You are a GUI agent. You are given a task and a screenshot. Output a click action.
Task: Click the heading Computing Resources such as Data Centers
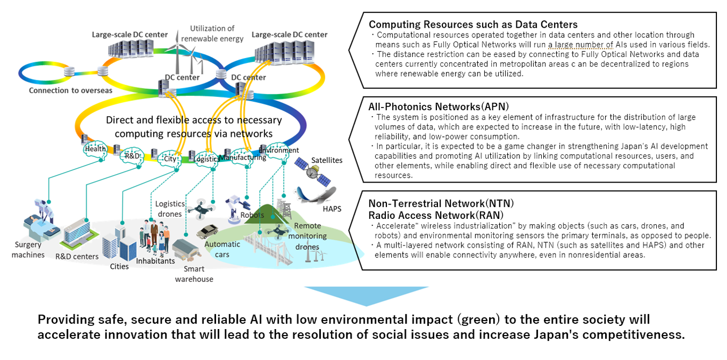pyautogui.click(x=473, y=24)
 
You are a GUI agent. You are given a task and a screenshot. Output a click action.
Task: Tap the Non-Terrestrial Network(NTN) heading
pyautogui.click(x=441, y=203)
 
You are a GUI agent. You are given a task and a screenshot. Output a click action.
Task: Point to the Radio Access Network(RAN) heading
pyautogui.click(x=434, y=214)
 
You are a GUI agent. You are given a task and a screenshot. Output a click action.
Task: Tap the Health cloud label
pyautogui.click(x=96, y=150)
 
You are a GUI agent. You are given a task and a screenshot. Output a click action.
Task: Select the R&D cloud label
pyautogui.click(x=130, y=156)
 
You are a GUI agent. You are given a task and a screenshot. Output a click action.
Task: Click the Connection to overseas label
pyautogui.click(x=71, y=90)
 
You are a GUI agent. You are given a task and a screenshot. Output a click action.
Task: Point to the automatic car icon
pyautogui.click(x=210, y=232)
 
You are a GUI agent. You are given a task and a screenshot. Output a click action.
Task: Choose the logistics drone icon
pyautogui.click(x=199, y=209)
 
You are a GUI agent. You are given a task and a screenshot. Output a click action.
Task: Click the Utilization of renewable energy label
pyautogui.click(x=212, y=33)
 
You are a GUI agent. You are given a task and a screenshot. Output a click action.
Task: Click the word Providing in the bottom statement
pyautogui.click(x=63, y=320)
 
